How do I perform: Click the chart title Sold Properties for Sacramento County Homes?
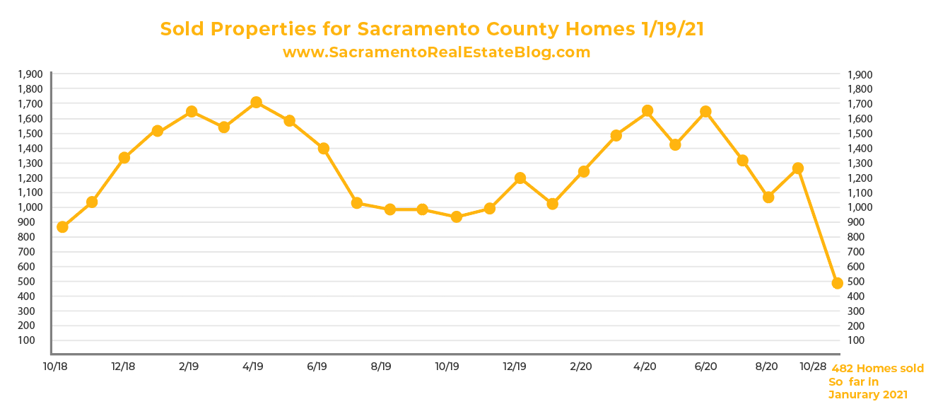click(x=432, y=29)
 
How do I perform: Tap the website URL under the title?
click(x=436, y=52)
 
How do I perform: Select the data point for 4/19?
click(x=256, y=103)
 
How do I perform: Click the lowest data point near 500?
click(x=838, y=283)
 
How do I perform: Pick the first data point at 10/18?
click(x=62, y=227)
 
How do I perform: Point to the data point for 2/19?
click(x=191, y=112)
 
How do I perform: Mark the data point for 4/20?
click(x=647, y=111)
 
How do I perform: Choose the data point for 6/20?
click(x=705, y=112)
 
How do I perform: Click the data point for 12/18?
click(x=124, y=158)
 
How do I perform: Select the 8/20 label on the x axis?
click(x=766, y=367)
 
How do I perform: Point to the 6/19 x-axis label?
click(x=317, y=367)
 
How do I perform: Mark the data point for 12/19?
click(x=520, y=178)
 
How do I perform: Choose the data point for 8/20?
click(x=768, y=197)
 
